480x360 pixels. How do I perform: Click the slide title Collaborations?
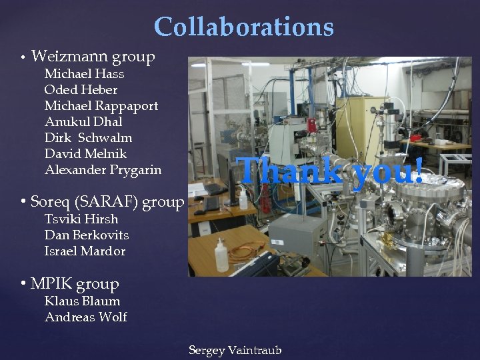point(243,27)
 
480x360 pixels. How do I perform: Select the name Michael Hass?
point(84,74)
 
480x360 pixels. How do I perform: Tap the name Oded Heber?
point(81,90)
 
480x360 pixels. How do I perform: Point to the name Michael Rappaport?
point(101,106)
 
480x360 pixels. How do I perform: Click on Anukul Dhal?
point(83,122)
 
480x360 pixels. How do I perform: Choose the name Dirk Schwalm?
point(88,138)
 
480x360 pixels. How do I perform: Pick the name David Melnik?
point(86,154)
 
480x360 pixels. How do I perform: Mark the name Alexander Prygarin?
point(103,170)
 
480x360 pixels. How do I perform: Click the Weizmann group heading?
point(93,57)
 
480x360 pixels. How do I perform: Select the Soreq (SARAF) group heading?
point(107,201)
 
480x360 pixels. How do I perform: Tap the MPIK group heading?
point(75,284)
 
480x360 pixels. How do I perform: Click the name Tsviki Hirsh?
point(81,219)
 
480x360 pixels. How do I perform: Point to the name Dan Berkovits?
point(87,235)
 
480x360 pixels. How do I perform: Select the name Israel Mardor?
point(85,251)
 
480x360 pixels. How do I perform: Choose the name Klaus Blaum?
point(82,301)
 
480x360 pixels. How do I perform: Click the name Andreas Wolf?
point(85,317)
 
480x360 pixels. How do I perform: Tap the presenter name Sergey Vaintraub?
point(235,350)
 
